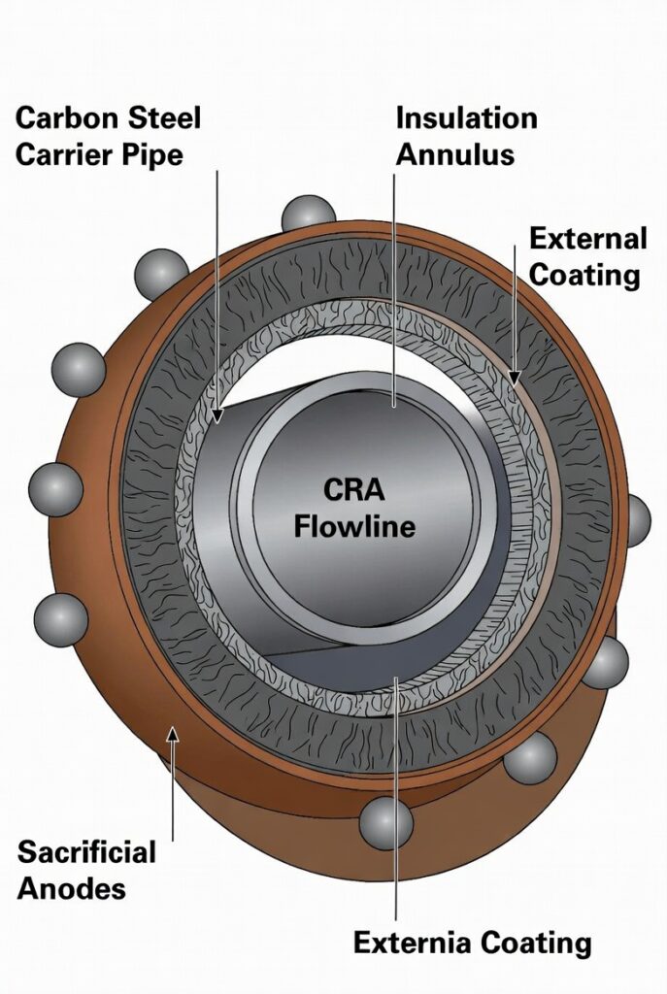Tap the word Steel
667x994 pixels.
[164, 119]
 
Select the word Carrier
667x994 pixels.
[66, 154]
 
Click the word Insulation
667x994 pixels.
[466, 119]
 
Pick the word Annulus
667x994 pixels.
[454, 154]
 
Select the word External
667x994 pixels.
[587, 240]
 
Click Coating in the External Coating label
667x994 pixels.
[584, 275]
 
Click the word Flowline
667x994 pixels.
[354, 527]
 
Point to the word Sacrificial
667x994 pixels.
[86, 853]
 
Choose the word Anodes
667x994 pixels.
[72, 888]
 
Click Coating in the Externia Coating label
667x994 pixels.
[538, 942]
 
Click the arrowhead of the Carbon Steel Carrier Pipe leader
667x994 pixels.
[217, 417]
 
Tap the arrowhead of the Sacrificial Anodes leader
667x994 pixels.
[173, 735]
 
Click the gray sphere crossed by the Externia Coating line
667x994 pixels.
[386, 823]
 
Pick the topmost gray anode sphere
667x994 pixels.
[308, 215]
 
